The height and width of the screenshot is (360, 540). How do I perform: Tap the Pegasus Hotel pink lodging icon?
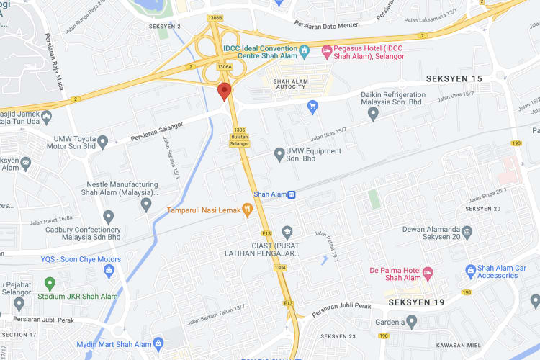point(325,50)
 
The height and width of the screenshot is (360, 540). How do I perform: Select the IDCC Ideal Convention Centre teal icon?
point(305,50)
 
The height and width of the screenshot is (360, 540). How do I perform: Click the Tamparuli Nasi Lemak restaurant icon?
point(247,210)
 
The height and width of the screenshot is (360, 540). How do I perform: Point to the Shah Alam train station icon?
point(292,194)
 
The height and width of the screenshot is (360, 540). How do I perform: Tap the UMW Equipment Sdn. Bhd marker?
point(279,153)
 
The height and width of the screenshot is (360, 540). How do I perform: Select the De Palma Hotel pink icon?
point(427,272)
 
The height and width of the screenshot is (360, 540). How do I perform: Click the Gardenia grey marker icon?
point(411,321)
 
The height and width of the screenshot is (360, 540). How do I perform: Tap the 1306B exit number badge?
point(214,17)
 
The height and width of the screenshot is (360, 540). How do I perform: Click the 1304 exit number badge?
point(279,268)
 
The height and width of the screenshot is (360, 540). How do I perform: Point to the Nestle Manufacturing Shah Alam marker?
point(146,205)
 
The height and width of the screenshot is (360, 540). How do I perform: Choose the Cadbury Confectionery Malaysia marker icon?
point(109,215)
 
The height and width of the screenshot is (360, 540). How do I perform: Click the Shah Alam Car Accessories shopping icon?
point(470,271)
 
